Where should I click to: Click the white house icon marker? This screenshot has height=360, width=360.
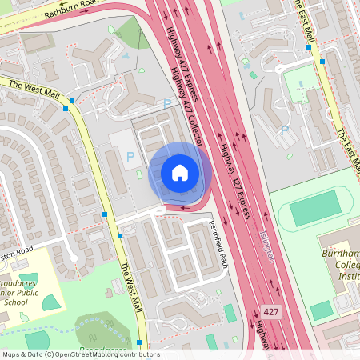pos(180,172)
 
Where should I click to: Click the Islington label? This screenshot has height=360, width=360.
pos(267,245)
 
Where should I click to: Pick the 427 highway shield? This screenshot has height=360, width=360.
pos(271,310)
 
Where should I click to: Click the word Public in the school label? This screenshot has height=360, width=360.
pos(37,294)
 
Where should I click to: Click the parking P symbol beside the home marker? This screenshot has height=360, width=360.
pos(130,156)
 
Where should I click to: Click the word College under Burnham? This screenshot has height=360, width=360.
pos(344,264)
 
